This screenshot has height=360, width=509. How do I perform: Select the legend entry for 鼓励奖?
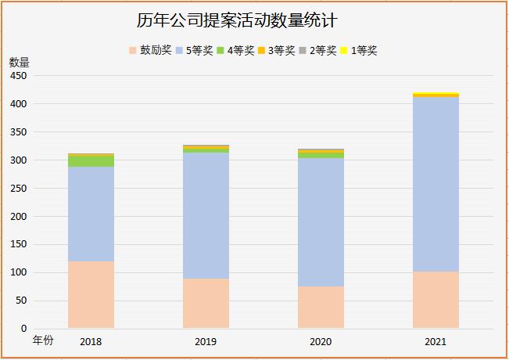[x=149, y=51]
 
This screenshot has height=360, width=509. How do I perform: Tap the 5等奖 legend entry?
[x=194, y=51]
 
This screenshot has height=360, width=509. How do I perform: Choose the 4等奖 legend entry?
[x=235, y=51]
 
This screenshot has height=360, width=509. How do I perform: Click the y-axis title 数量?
[x=19, y=62]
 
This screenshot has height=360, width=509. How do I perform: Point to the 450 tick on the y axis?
[x=19, y=76]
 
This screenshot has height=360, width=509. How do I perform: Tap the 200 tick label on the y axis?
[x=19, y=216]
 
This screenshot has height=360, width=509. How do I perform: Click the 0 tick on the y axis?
[x=24, y=329]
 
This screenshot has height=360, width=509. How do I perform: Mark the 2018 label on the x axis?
[x=91, y=342]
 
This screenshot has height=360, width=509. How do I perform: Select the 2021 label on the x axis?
[x=436, y=342]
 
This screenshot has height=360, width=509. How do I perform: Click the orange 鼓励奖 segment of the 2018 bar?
[x=91, y=294]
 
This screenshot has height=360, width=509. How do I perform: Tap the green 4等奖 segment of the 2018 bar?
[x=91, y=161]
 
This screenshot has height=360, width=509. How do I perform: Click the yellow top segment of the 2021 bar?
[x=436, y=94]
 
